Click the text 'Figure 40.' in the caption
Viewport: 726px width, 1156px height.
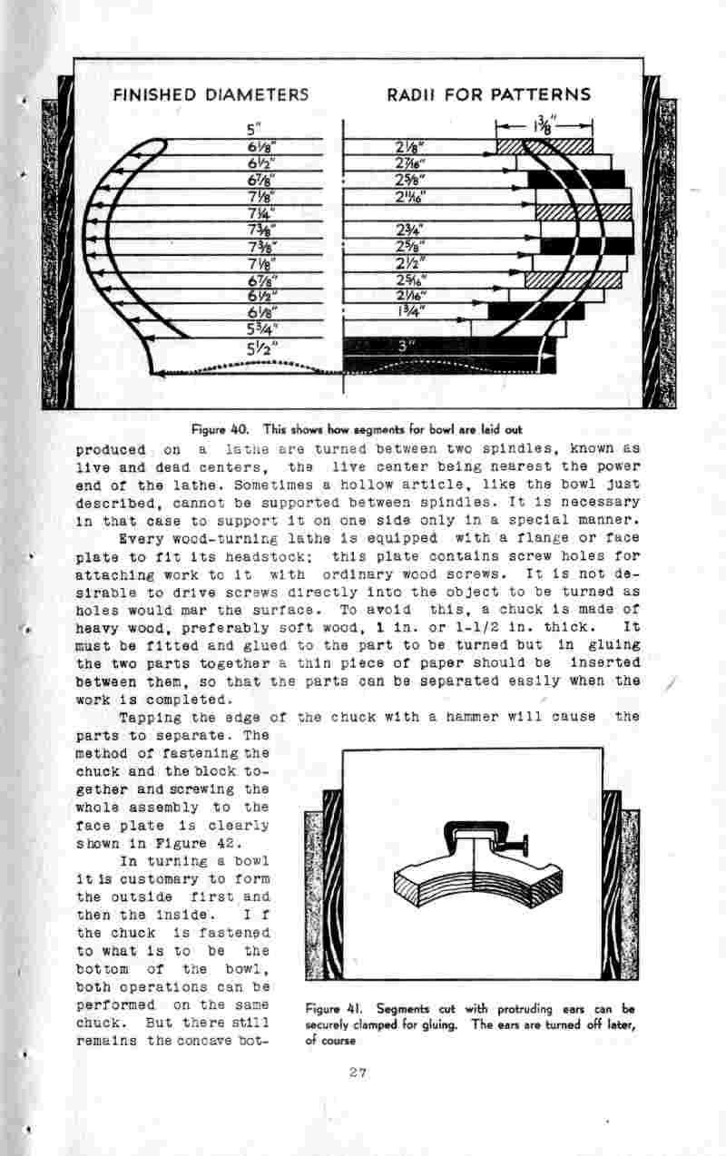[213, 428]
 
